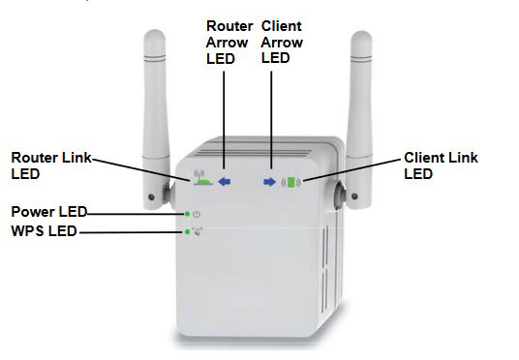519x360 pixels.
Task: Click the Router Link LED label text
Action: pyautogui.click(x=50, y=165)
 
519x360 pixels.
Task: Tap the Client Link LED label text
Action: pyautogui.click(x=440, y=165)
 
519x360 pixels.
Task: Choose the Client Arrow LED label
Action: pyautogui.click(x=281, y=43)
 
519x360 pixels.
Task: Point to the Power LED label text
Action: pyautogui.click(x=49, y=211)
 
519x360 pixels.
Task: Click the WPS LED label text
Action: pyautogui.click(x=44, y=230)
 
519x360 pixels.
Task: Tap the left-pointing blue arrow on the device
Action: pyautogui.click(x=225, y=180)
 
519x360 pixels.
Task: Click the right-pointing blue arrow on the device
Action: pyautogui.click(x=270, y=181)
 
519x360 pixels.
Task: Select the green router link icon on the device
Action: pyautogui.click(x=202, y=179)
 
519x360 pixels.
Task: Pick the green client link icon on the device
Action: pyautogui.click(x=292, y=181)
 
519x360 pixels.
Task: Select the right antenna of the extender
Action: pyautogui.click(x=360, y=106)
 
